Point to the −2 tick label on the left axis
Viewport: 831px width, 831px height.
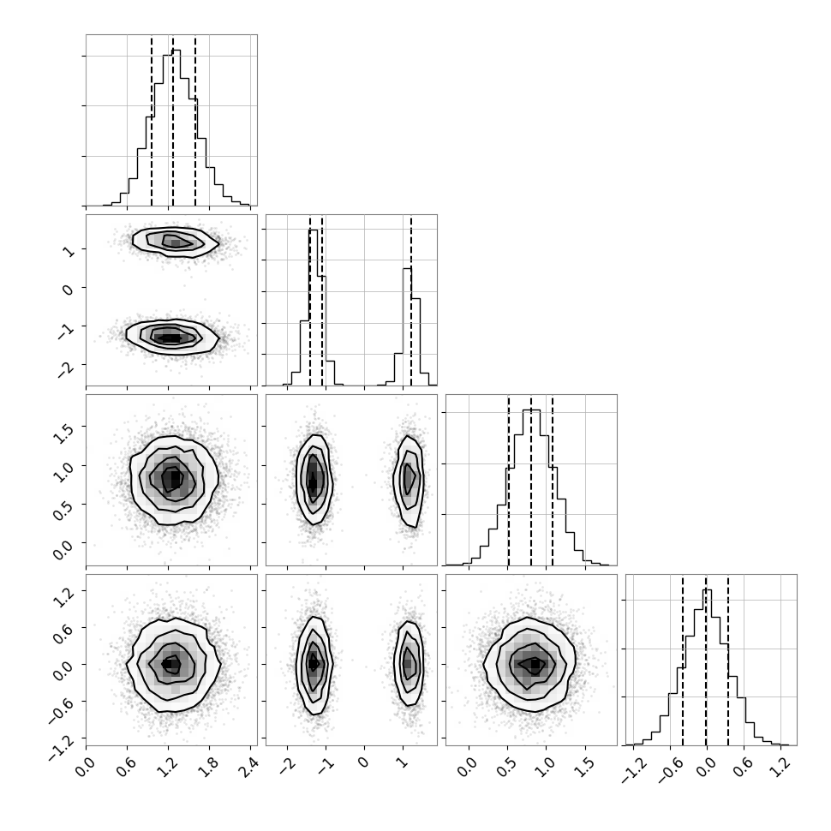click(67, 368)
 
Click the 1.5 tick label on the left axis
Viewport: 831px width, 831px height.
click(63, 433)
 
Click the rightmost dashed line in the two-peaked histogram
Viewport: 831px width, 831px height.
click(410, 300)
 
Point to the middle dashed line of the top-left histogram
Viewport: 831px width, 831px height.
click(173, 120)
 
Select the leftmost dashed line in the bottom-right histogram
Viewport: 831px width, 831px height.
click(683, 660)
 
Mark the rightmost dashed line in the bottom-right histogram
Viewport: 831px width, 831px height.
click(728, 660)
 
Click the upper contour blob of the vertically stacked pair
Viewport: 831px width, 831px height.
click(176, 242)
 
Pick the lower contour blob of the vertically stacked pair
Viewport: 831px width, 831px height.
click(171, 336)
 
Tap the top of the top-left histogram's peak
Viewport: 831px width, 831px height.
click(176, 51)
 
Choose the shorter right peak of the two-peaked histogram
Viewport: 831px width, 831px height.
click(407, 269)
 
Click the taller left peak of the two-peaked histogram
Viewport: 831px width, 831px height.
click(314, 230)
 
